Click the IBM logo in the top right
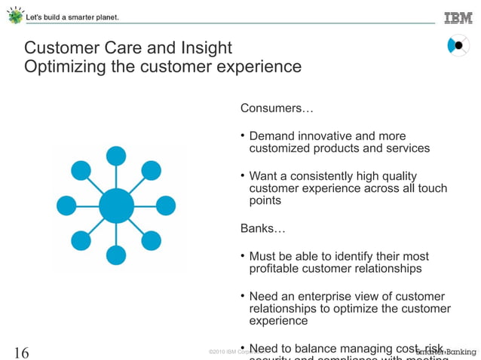tap(458, 17)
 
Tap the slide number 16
tap(22, 351)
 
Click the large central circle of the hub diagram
tap(116, 206)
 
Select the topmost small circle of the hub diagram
tap(116, 156)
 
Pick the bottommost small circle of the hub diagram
tap(116, 255)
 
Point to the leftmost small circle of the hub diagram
tap(66, 205)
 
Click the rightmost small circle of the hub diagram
tap(166, 205)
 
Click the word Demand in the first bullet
tap(272, 136)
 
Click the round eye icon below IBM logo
tap(458, 46)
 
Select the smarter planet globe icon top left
tap(14, 15)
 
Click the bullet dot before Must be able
tap(243, 256)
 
